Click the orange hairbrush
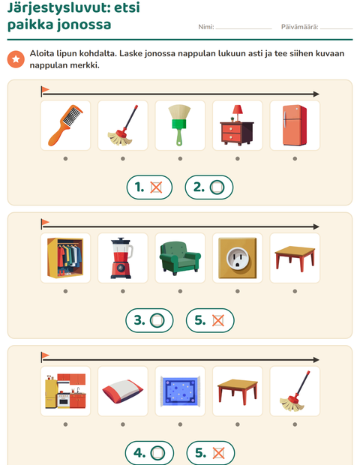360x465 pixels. click(65, 125)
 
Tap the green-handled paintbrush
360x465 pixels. click(180, 125)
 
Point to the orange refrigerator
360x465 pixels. click(295, 125)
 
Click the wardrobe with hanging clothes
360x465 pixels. click(65, 258)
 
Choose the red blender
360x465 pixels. click(121, 258)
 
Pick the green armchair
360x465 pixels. click(180, 258)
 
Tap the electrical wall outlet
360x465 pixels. click(238, 258)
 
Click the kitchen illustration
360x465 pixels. click(65, 391)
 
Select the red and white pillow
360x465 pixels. click(122, 391)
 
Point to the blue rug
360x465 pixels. click(180, 391)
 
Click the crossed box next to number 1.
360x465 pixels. click(156, 187)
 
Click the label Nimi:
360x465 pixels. click(206, 27)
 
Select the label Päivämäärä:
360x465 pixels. click(299, 27)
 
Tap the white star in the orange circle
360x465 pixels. click(16, 59)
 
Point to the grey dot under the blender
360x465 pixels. click(123, 291)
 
